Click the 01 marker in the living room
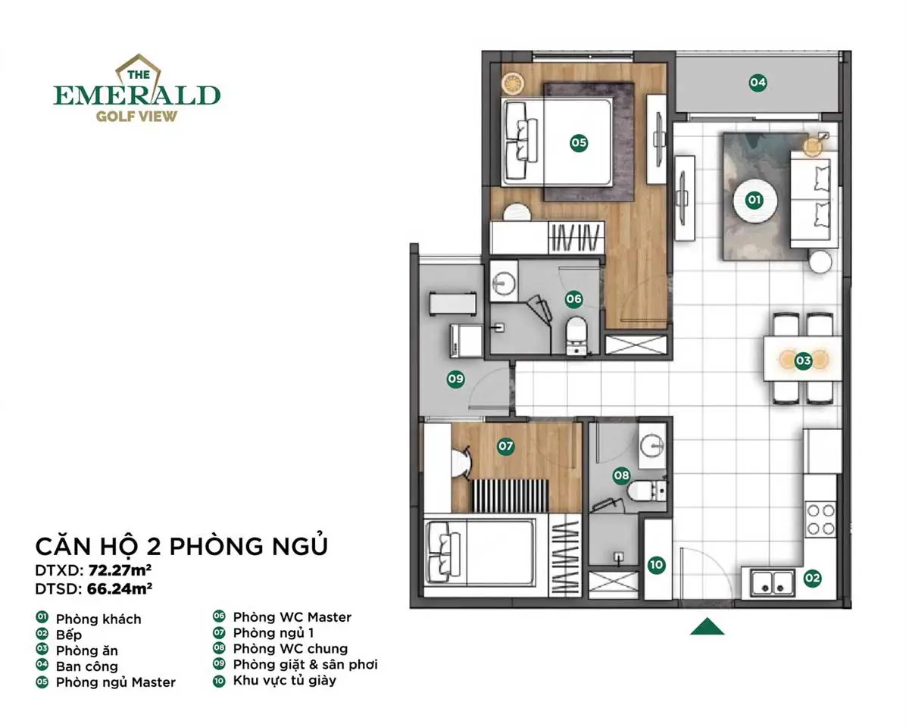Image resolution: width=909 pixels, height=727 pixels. coord(754,200)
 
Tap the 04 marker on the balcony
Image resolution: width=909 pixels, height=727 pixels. coord(757,82)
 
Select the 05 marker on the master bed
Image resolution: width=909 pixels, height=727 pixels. coord(579,142)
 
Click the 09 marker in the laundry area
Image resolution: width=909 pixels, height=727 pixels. coord(455,379)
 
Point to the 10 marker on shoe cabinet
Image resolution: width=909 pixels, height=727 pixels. coord(657,564)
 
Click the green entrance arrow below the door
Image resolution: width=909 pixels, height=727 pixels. coord(708,626)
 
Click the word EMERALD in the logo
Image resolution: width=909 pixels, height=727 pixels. coord(136,95)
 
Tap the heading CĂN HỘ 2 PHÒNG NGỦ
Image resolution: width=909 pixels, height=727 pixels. coord(182,546)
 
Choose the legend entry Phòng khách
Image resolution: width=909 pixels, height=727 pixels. coord(98,619)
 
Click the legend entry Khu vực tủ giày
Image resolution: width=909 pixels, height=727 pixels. coord(284,680)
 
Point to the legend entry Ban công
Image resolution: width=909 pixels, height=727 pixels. coord(86,666)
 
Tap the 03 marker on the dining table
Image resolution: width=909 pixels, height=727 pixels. coord(803,361)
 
